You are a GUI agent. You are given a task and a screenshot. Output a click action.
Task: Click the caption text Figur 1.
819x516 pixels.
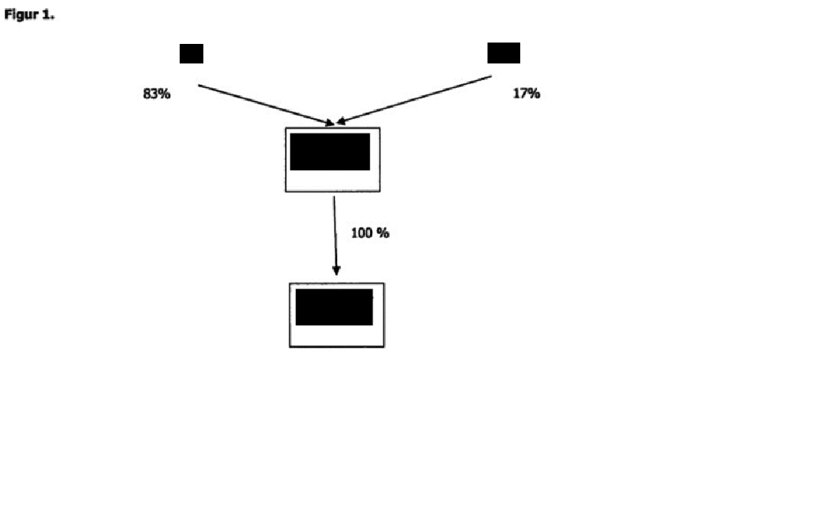pyautogui.click(x=29, y=15)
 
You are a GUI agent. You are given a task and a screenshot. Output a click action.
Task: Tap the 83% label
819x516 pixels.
pyautogui.click(x=157, y=93)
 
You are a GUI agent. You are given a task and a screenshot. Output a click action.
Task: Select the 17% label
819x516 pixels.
pyautogui.click(x=526, y=93)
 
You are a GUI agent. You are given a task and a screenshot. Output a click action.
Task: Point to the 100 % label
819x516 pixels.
pyautogui.click(x=370, y=233)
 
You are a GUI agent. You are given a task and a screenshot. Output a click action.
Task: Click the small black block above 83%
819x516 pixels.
pyautogui.click(x=192, y=54)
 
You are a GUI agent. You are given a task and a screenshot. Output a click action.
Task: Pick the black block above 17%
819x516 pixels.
pyautogui.click(x=504, y=53)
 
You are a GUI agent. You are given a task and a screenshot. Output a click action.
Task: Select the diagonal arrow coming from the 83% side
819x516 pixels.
pyautogui.click(x=265, y=105)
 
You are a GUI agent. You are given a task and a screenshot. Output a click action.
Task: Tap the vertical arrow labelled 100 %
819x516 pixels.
pyautogui.click(x=335, y=234)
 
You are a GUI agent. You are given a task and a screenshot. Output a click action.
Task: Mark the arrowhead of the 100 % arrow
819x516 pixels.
pyautogui.click(x=336, y=271)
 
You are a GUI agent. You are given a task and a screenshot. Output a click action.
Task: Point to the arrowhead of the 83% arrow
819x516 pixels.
pyautogui.click(x=329, y=124)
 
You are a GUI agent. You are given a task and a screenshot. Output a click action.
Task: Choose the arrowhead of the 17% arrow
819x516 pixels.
pyautogui.click(x=341, y=122)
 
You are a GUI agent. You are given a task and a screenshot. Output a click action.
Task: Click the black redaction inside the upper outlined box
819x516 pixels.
pyautogui.click(x=330, y=152)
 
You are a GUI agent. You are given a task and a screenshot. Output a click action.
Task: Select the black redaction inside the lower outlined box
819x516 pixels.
pyautogui.click(x=334, y=307)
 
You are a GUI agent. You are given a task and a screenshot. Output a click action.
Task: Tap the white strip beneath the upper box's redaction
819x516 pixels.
pyautogui.click(x=333, y=181)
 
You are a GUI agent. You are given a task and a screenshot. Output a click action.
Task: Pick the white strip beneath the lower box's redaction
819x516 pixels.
pyautogui.click(x=337, y=335)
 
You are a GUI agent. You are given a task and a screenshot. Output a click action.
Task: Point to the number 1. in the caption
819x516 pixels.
pyautogui.click(x=48, y=15)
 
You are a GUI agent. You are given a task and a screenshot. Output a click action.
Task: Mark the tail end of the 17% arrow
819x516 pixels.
pyautogui.click(x=491, y=77)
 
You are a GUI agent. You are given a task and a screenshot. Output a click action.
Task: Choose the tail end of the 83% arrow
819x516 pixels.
pyautogui.click(x=200, y=86)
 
